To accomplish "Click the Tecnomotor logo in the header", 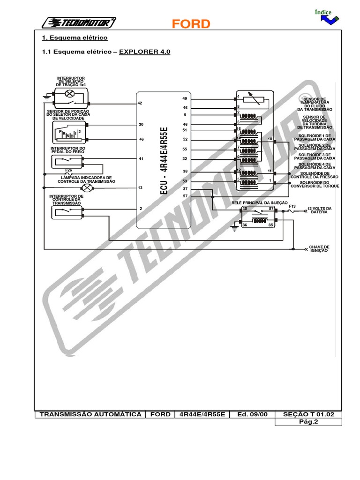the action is (x=79, y=22).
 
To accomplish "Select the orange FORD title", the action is (x=190, y=24).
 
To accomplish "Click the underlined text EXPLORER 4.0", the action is (x=145, y=52).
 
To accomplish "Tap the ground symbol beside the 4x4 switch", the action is (x=46, y=98).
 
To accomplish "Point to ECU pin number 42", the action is (x=140, y=103).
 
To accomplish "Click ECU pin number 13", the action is (x=140, y=187).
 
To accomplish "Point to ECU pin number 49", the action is (x=185, y=98).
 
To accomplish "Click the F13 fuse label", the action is (x=292, y=206).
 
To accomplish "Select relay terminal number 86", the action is (x=244, y=225).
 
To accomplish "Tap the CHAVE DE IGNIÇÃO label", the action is (x=319, y=248).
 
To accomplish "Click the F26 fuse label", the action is (x=68, y=170).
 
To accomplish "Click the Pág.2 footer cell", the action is (x=308, y=421).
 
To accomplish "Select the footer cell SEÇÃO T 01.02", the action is (x=308, y=414).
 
